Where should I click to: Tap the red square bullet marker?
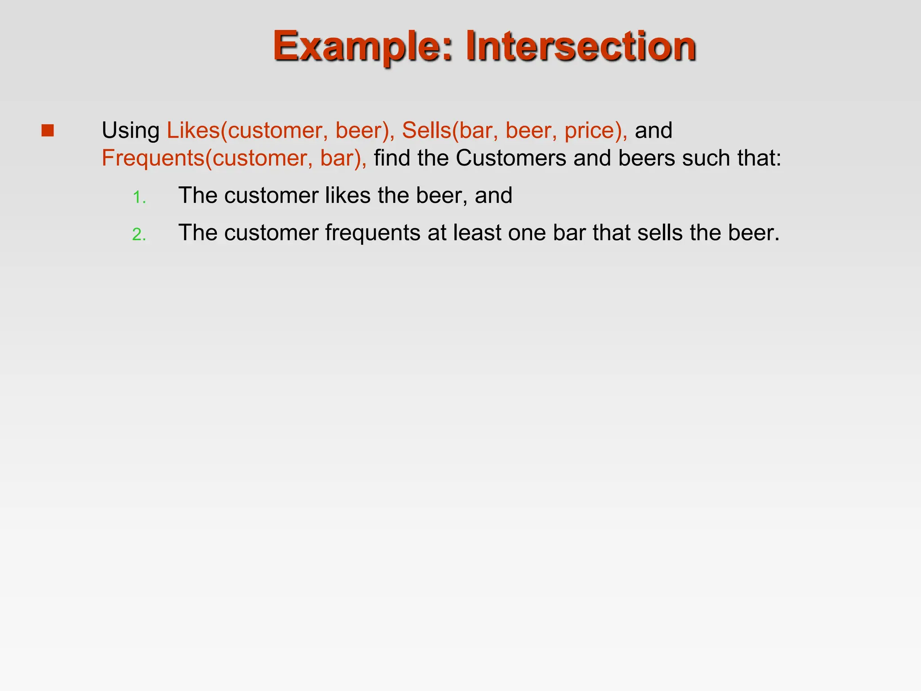[x=47, y=130]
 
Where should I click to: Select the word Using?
[x=130, y=131]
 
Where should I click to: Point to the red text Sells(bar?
[x=450, y=131]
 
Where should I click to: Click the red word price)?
[x=596, y=131]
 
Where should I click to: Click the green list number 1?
[x=139, y=197]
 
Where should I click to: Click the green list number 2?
[x=139, y=235]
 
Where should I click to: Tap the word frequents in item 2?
[x=372, y=233]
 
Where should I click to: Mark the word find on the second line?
[x=392, y=158]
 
